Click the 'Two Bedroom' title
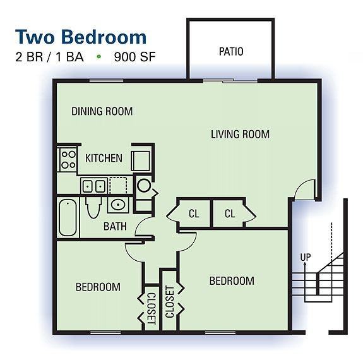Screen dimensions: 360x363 [x=80, y=35]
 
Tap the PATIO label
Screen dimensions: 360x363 [x=230, y=52]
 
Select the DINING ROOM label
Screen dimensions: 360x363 [x=102, y=112]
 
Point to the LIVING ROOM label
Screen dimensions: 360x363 [x=240, y=134]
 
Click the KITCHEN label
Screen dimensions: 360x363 [x=104, y=158]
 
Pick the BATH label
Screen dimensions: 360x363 [x=115, y=225]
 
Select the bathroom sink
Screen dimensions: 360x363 [x=116, y=205]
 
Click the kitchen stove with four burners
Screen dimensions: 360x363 [x=68, y=158]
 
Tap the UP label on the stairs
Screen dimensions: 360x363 [x=306, y=258]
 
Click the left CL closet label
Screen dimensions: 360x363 [x=194, y=214]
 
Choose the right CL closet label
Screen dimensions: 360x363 [x=230, y=214]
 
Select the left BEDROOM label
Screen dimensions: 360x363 [x=98, y=287]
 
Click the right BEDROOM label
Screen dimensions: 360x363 [x=232, y=280]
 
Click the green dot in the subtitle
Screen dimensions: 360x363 [x=98, y=56]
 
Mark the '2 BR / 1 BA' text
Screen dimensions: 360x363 [x=50, y=56]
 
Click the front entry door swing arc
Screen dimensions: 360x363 [x=304, y=188]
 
